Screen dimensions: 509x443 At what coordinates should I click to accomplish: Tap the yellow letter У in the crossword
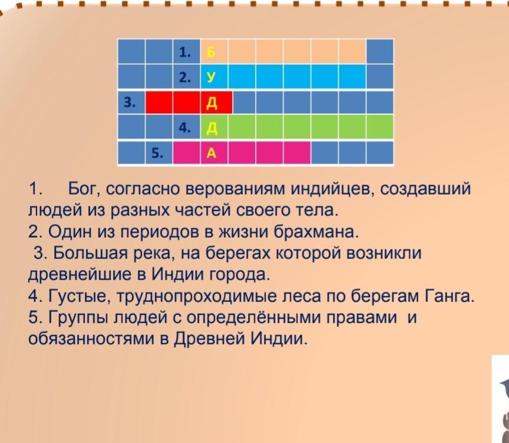point(211,77)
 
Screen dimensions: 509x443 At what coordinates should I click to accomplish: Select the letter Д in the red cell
point(211,103)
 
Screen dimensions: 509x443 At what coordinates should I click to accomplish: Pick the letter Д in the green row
point(211,129)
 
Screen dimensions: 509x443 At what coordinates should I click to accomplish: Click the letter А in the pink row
point(211,153)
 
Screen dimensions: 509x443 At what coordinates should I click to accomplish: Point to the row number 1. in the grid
point(185,52)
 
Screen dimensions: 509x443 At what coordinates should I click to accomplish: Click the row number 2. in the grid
point(185,77)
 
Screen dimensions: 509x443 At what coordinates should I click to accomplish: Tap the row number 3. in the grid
point(130,103)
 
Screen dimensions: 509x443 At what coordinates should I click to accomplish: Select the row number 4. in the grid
point(185,128)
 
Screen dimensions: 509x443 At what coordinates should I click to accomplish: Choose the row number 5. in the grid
point(157,152)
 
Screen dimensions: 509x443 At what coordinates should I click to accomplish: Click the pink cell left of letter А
point(186,152)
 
